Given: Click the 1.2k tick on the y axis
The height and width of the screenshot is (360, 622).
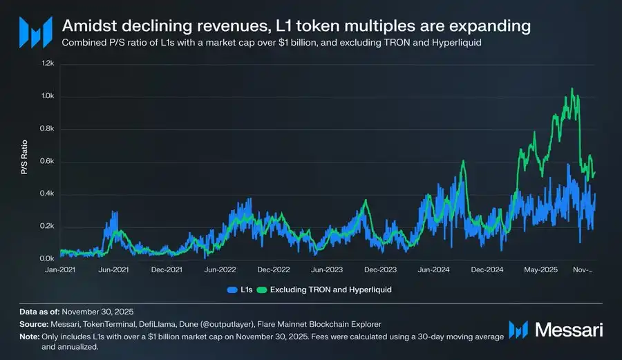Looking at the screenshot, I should [x=46, y=63].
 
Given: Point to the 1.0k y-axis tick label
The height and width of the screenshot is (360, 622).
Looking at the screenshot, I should [x=46, y=96].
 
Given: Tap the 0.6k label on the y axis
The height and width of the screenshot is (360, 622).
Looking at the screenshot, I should [x=46, y=162].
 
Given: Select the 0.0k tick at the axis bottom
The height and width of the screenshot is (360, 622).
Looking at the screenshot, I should [x=46, y=258].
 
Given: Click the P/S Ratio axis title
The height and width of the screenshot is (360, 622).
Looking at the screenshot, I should [x=24, y=161].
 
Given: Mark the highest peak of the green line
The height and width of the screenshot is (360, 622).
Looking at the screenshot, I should [x=572, y=88].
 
